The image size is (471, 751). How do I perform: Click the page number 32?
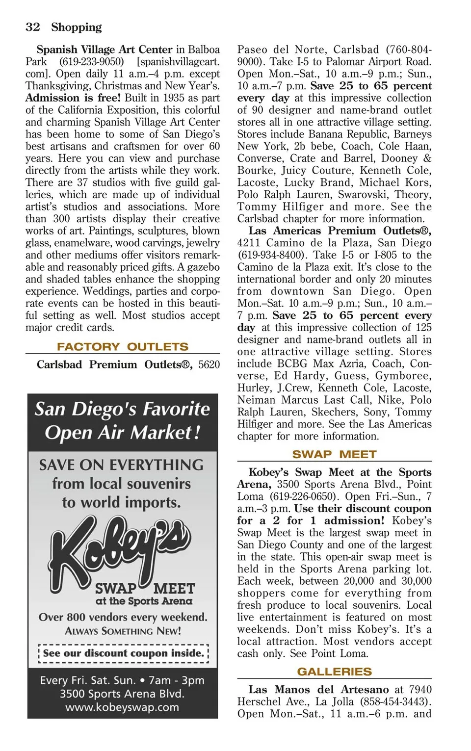pyautogui.click(x=33, y=27)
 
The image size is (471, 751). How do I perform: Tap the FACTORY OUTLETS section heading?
pyautogui.click(x=122, y=347)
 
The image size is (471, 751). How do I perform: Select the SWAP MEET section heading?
pyautogui.click(x=334, y=454)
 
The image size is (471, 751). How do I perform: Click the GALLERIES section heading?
pyautogui.click(x=334, y=672)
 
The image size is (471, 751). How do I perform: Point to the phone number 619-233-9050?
pyautogui.click(x=91, y=62)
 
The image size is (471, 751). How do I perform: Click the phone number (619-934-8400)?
pyautogui.click(x=268, y=255)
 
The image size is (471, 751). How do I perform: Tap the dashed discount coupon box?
pyautogui.click(x=123, y=653)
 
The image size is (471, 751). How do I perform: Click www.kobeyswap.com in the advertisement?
pyautogui.click(x=122, y=707)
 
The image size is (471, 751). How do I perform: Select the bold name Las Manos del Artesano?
pyautogui.click(x=318, y=690)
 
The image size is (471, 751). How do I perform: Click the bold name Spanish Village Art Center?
pyautogui.click(x=105, y=50)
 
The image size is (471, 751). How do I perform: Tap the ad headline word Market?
pyautogui.click(x=165, y=433)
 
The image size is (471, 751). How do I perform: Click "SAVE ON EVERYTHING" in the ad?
pyautogui.click(x=121, y=465)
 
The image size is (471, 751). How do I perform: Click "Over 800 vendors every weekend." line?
pyautogui.click(x=123, y=617)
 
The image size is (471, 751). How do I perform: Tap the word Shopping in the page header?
pyautogui.click(x=77, y=27)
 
